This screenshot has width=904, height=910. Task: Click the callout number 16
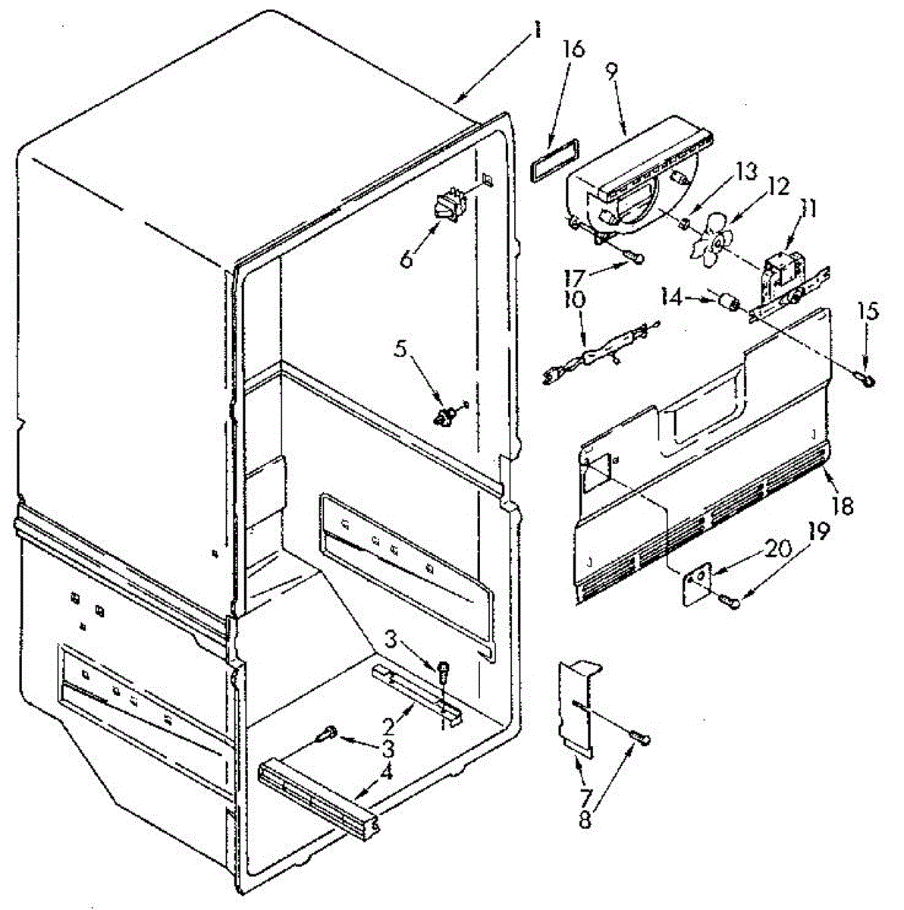pyautogui.click(x=573, y=50)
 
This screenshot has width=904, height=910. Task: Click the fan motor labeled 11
pyautogui.click(x=781, y=277)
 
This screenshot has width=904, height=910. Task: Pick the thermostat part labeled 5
pyautogui.click(x=444, y=414)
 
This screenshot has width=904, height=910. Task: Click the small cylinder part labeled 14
pyautogui.click(x=732, y=305)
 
